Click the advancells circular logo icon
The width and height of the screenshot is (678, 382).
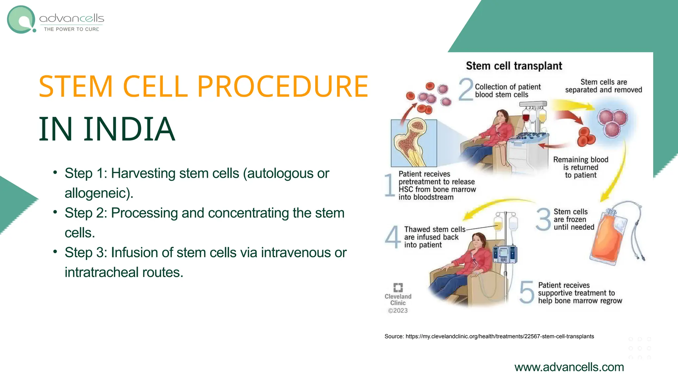21,20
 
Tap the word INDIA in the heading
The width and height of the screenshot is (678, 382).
129,129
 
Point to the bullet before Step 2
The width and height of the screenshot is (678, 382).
55,212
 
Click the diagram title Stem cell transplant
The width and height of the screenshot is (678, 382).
514,66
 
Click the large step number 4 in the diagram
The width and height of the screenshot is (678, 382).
393,237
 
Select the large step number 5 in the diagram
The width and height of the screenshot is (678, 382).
527,292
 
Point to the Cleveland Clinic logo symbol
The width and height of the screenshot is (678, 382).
398,287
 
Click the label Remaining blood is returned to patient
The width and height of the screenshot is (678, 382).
581,167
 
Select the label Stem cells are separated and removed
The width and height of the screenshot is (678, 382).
603,86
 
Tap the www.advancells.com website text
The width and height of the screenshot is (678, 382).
569,367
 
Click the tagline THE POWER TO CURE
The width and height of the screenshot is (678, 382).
72,29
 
